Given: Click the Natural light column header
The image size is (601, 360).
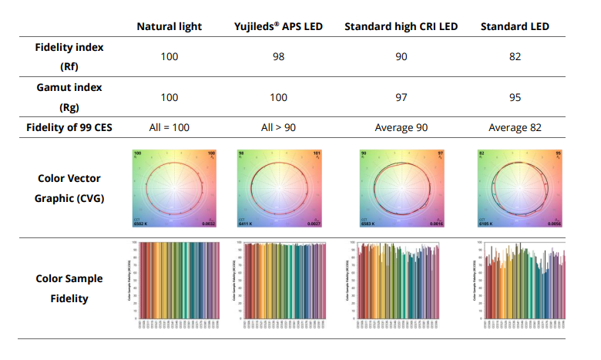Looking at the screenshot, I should pos(169,27).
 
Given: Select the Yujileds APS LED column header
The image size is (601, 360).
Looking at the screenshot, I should pos(277,27).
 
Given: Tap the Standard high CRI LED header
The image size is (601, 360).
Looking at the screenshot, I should pos(401,27).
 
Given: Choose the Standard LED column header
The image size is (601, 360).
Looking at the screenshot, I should pos(515,27).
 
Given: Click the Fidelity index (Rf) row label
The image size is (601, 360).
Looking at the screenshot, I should pos(69,57).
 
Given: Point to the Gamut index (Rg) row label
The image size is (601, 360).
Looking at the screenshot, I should pos(69,97).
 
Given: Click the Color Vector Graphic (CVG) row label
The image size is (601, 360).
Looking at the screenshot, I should pos(69,187).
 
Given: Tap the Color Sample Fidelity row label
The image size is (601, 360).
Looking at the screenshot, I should pos(69,288).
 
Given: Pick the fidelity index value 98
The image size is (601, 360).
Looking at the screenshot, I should pos(277,57).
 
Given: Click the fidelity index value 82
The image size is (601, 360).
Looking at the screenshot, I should pos(515,57).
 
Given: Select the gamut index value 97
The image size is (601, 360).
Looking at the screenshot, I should pos(401,97).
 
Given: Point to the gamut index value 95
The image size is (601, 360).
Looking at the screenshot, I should pos(515,97).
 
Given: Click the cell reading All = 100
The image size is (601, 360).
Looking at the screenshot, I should pos(169,127).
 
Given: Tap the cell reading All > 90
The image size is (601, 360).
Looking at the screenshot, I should pos(277,127).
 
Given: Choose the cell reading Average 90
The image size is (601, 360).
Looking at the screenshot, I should pos(401,127).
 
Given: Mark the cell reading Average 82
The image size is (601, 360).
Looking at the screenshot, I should pos(515,127).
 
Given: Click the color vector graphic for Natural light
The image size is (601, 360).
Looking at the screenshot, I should pos(174,188).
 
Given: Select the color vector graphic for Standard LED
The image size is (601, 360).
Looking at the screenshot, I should pos(521,188).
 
